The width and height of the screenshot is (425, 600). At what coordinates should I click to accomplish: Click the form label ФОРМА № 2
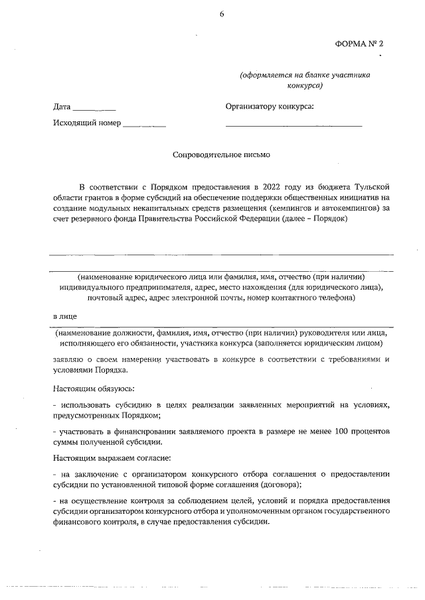[359, 43]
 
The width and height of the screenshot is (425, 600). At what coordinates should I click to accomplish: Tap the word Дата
[62, 107]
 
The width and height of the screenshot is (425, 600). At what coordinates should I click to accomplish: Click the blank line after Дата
[94, 109]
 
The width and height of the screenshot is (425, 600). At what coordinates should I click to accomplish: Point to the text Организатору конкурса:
[270, 107]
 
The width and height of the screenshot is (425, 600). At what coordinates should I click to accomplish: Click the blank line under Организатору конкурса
[294, 125]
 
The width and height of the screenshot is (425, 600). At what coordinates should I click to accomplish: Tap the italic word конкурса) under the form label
[305, 86]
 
